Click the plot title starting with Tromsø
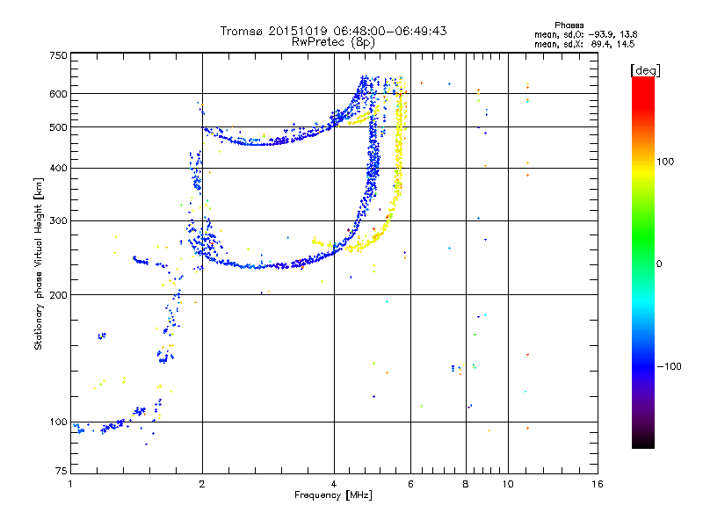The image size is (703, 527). click(x=333, y=31)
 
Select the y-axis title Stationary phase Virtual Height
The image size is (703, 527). click(x=39, y=263)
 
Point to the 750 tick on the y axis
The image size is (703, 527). click(x=59, y=55)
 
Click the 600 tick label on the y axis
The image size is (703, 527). click(x=59, y=94)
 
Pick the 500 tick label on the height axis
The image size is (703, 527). click(x=59, y=127)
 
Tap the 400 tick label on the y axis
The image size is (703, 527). click(x=59, y=168)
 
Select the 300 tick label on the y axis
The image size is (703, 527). click(x=59, y=220)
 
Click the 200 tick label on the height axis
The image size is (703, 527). click(x=59, y=294)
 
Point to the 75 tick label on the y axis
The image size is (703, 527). click(x=61, y=474)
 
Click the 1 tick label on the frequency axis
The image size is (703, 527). click(x=70, y=484)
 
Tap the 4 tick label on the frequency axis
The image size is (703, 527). click(x=334, y=484)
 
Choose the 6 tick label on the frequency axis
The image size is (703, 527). click(x=410, y=484)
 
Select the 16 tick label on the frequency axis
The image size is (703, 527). click(x=597, y=484)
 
